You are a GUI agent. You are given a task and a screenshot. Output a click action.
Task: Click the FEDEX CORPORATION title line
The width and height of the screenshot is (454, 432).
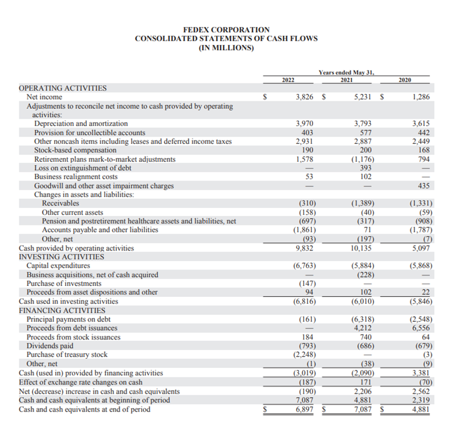click(226, 29)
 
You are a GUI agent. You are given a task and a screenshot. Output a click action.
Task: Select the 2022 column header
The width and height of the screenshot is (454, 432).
click(288, 79)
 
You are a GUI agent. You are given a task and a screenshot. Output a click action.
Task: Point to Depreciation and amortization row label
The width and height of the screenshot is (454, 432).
click(81, 123)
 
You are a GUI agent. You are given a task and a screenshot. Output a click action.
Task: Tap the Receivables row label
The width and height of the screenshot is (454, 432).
click(61, 203)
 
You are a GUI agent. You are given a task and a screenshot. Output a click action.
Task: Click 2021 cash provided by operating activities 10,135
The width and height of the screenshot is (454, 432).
click(361, 248)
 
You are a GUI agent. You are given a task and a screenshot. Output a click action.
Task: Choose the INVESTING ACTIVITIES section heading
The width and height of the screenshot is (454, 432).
click(62, 257)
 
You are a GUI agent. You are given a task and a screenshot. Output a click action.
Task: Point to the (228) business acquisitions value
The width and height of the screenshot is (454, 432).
click(363, 275)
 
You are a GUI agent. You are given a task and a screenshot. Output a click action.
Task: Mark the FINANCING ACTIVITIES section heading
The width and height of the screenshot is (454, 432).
click(62, 310)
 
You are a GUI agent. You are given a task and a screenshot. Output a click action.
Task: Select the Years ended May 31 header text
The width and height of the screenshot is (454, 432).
click(346, 72)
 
